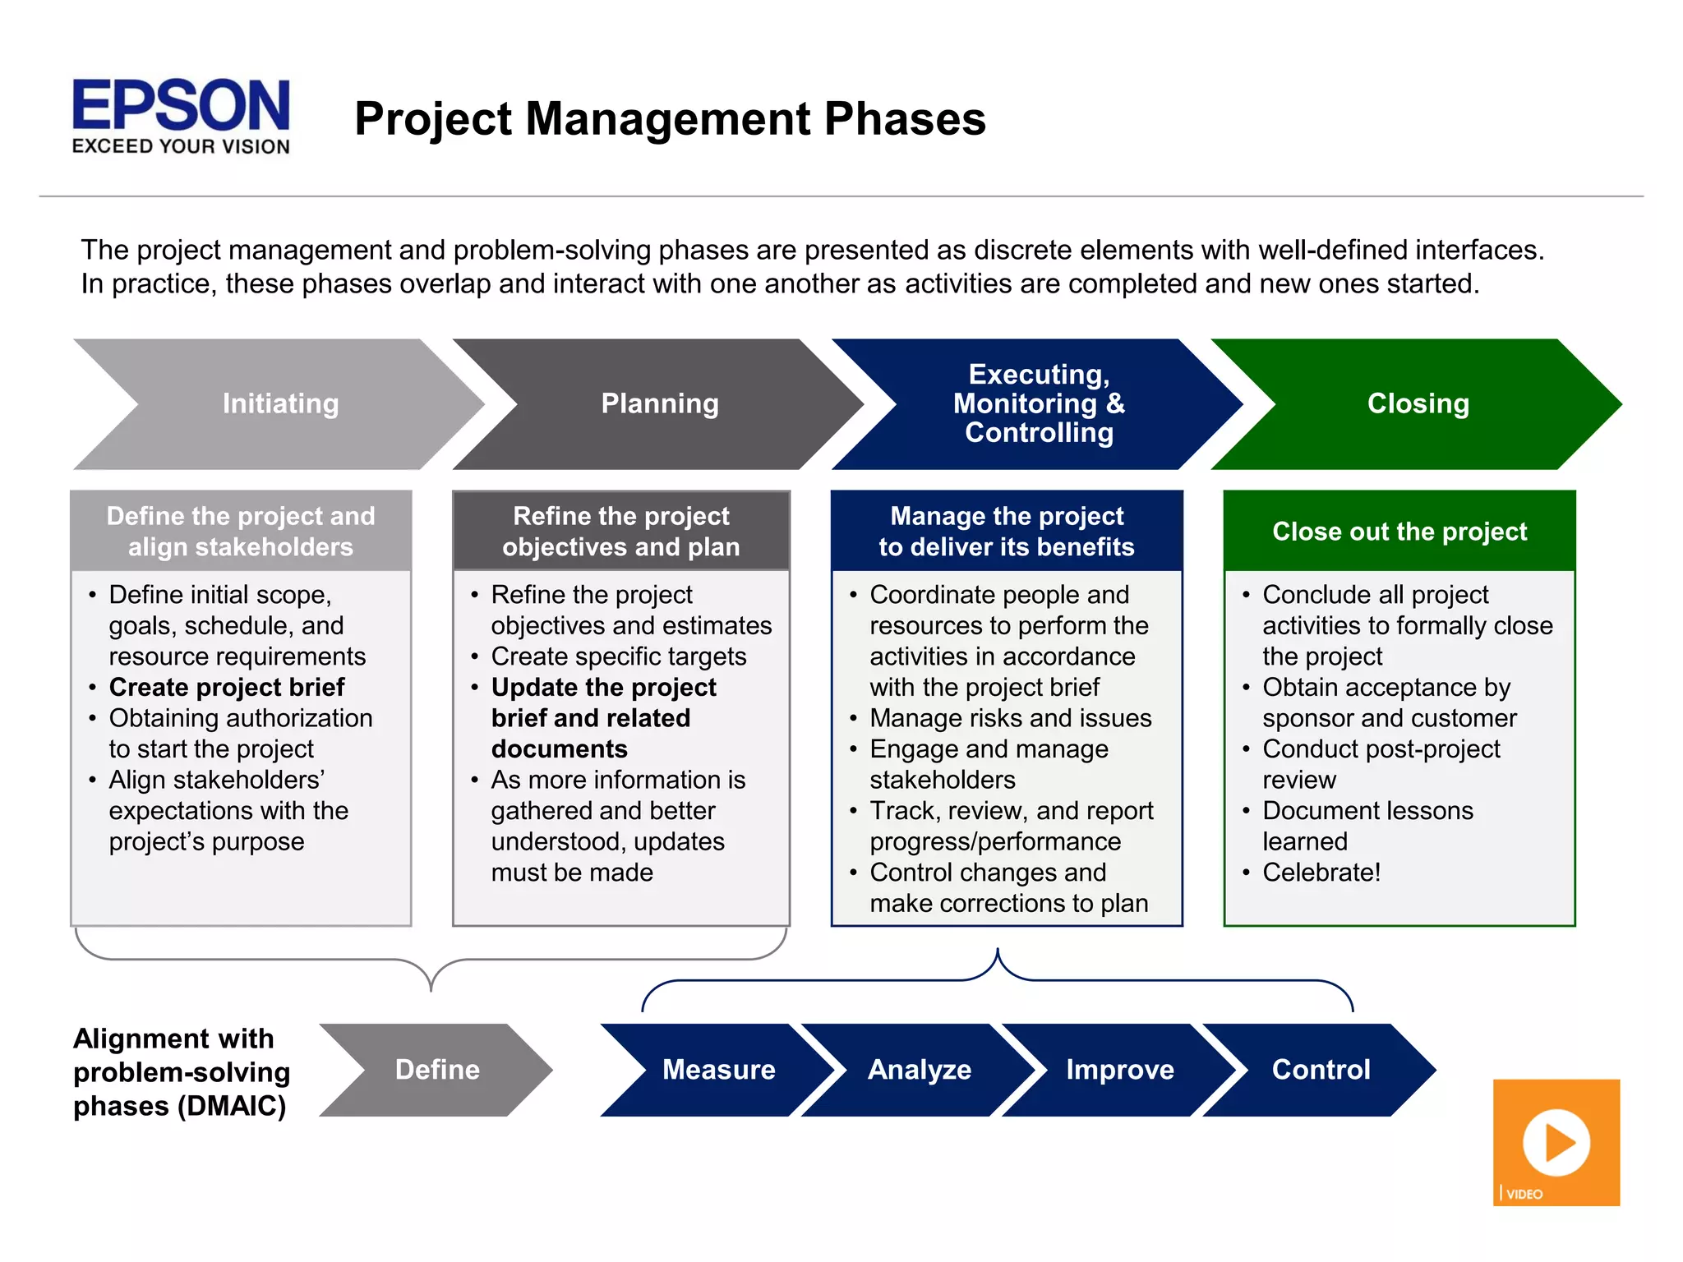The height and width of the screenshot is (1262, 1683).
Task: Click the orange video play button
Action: pyautogui.click(x=1556, y=1142)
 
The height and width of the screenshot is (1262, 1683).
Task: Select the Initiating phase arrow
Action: pyautogui.click(x=280, y=403)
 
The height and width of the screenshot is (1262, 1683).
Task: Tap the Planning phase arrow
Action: pyautogui.click(x=660, y=403)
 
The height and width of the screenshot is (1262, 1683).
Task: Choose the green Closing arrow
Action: pyautogui.click(x=1418, y=403)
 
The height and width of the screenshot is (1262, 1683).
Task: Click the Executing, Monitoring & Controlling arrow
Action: pyautogui.click(x=1039, y=403)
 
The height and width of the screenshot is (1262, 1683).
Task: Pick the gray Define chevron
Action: pyautogui.click(x=436, y=1070)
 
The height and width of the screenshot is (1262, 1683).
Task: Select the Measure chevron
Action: pyautogui.click(x=718, y=1070)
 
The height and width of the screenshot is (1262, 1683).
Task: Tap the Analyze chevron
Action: pyautogui.click(x=919, y=1070)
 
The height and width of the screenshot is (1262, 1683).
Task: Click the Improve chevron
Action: pyautogui.click(x=1119, y=1070)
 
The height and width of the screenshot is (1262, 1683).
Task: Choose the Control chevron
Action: pyautogui.click(x=1321, y=1070)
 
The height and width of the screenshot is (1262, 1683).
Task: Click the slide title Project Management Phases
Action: pyautogui.click(x=670, y=118)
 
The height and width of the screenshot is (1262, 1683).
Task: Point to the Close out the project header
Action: pyautogui.click(x=1399, y=532)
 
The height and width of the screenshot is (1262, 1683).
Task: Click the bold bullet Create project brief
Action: pyautogui.click(x=227, y=687)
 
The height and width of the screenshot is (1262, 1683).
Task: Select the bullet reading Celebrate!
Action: pyautogui.click(x=1321, y=873)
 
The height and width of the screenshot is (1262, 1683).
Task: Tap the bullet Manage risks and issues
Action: pyautogui.click(x=1010, y=718)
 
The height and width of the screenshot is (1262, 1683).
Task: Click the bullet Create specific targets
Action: pyautogui.click(x=618, y=656)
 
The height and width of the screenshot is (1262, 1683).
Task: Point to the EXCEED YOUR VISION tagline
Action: pyautogui.click(x=181, y=147)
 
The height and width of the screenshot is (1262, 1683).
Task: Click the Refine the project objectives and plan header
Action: pyautogui.click(x=621, y=531)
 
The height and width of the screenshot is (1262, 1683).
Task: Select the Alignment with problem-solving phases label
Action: pyautogui.click(x=181, y=1072)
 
